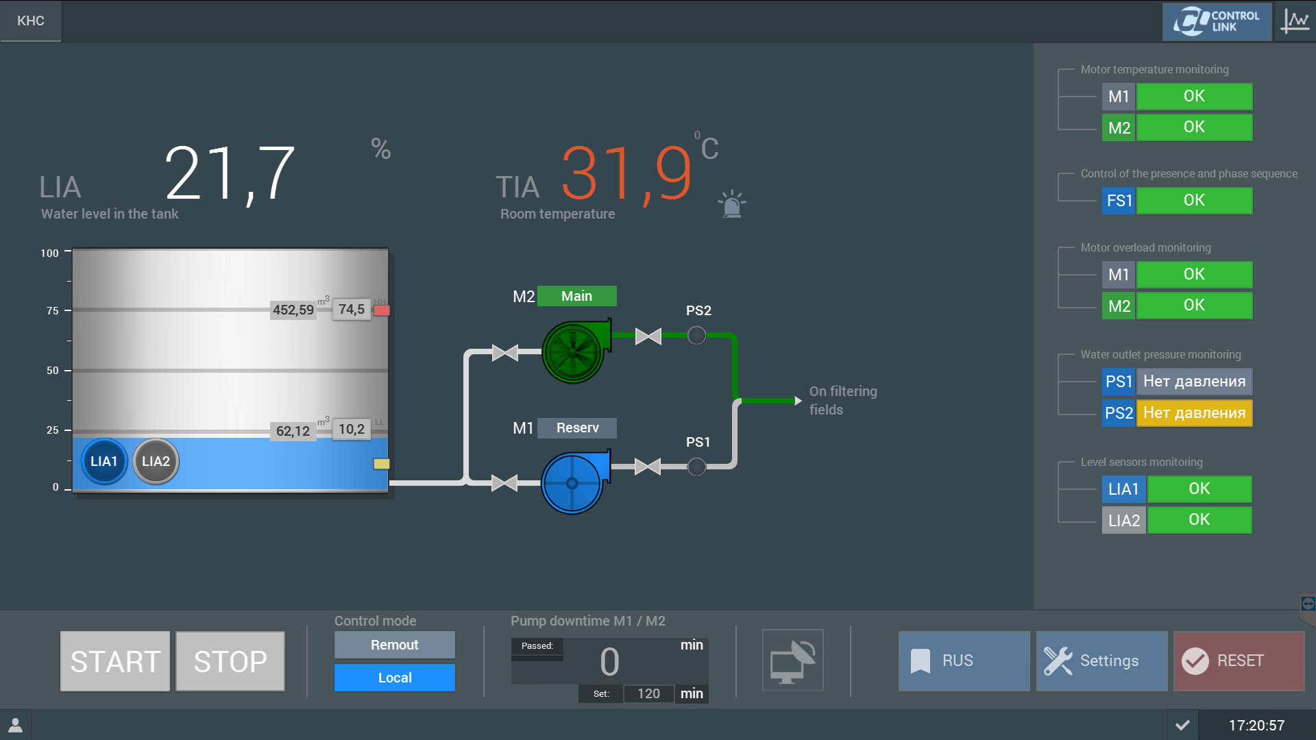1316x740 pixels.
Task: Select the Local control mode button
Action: (394, 678)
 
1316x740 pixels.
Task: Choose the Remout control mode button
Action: (394, 645)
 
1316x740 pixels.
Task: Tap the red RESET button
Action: (1239, 661)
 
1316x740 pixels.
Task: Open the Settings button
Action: (1101, 661)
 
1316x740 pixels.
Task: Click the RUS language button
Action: (964, 661)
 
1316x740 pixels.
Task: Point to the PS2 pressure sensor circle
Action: (696, 336)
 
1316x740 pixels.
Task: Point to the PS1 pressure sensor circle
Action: (696, 467)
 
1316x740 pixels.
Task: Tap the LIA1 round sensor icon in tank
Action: (104, 462)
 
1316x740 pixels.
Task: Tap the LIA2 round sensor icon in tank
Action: (156, 462)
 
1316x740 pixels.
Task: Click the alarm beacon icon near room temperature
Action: (732, 204)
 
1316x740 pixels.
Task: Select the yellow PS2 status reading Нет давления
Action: (1194, 413)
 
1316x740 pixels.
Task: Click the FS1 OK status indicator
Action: (1194, 201)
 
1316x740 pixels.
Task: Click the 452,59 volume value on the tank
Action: (293, 310)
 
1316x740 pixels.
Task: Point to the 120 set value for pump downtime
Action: (648, 693)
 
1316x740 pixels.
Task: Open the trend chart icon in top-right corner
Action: (1295, 21)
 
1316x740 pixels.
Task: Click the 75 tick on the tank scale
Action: (52, 311)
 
